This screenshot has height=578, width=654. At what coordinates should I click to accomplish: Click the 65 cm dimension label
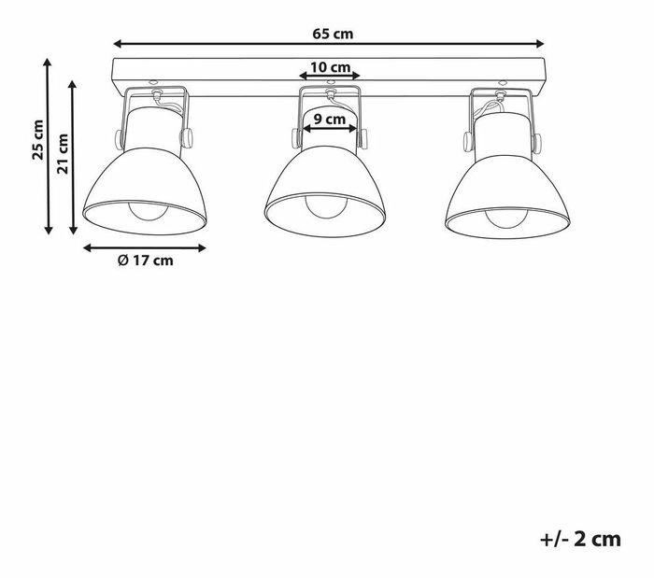pyautogui.click(x=333, y=34)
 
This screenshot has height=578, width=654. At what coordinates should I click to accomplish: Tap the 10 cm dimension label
pyautogui.click(x=330, y=67)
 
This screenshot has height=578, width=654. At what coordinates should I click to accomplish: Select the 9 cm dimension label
pyautogui.click(x=330, y=120)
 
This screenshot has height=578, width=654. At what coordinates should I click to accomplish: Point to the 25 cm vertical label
pyautogui.click(x=38, y=139)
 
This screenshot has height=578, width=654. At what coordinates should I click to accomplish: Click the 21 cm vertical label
pyautogui.click(x=63, y=153)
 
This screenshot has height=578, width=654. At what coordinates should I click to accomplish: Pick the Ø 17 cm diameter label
pyautogui.click(x=145, y=261)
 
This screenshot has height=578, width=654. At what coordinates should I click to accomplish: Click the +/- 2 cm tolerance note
pyautogui.click(x=580, y=539)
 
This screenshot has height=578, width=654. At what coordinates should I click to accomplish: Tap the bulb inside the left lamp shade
pyautogui.click(x=148, y=211)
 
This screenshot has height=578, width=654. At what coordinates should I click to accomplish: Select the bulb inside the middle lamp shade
pyautogui.click(x=325, y=207)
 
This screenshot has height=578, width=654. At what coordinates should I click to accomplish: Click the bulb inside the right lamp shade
pyautogui.click(x=506, y=219)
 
